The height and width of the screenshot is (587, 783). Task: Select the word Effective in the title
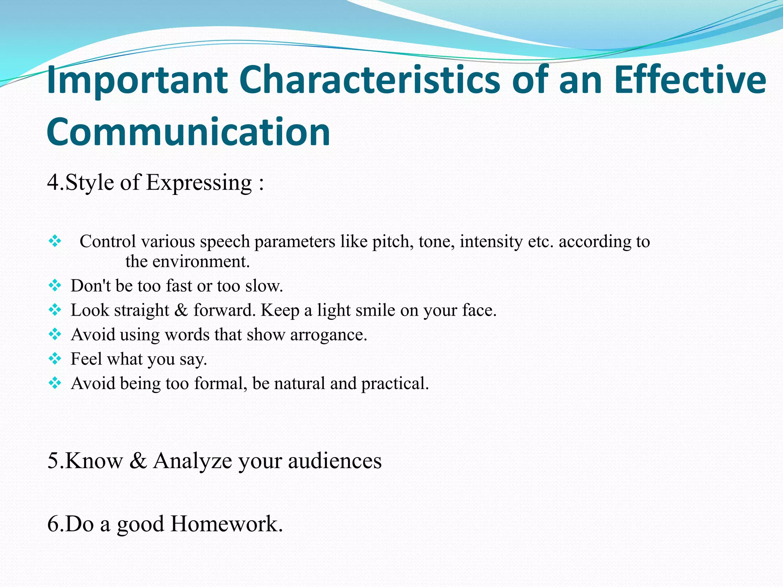click(690, 80)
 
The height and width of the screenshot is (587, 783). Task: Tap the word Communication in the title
click(188, 132)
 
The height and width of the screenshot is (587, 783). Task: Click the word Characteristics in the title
click(370, 80)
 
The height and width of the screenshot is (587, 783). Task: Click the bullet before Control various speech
click(55, 241)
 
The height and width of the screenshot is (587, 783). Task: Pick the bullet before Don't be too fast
click(55, 285)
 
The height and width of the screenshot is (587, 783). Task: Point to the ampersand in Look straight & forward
click(181, 310)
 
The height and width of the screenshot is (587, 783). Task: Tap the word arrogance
click(328, 335)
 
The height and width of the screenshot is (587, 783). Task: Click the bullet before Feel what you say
click(55, 358)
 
